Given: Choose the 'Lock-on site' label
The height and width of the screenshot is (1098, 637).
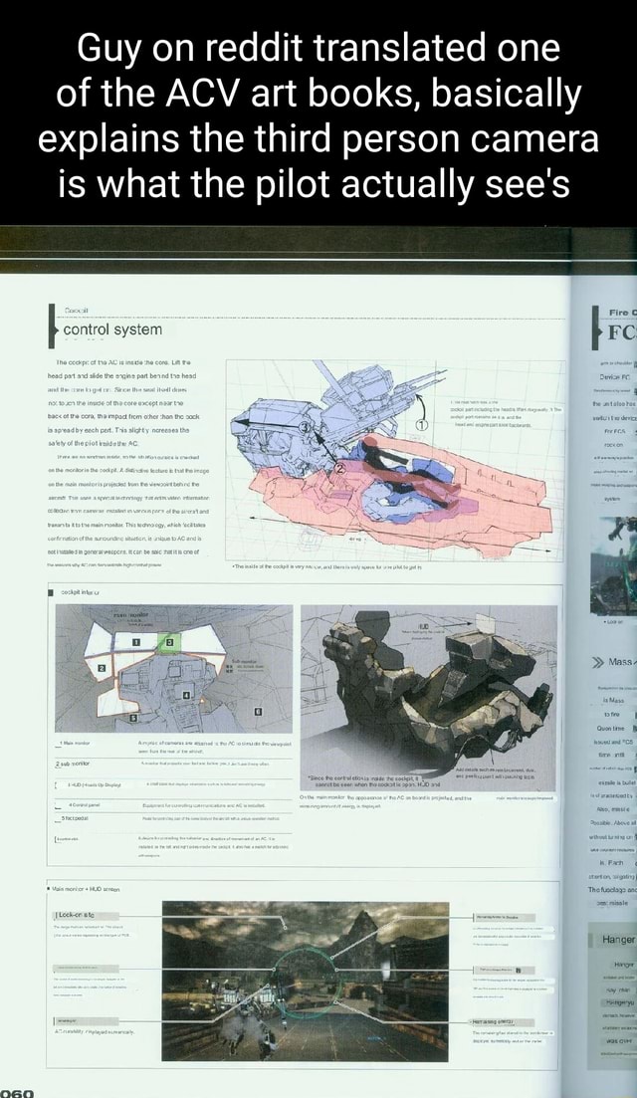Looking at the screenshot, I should click(79, 915).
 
